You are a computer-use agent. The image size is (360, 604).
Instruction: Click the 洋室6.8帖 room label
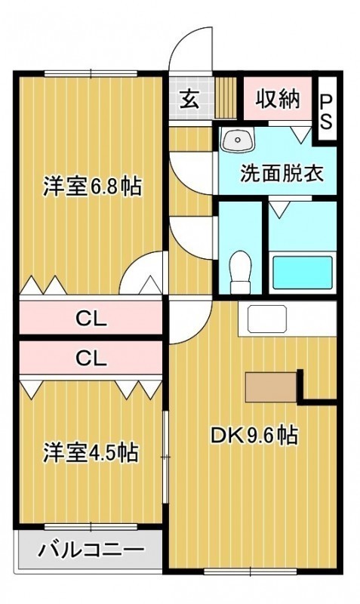click(x=92, y=186)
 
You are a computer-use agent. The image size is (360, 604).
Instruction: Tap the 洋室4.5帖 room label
click(x=91, y=452)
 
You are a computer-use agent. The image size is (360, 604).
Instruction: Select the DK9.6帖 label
click(x=254, y=436)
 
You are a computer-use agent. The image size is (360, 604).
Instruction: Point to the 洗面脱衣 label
click(x=282, y=174)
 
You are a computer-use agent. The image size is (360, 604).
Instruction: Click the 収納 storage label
click(x=278, y=100)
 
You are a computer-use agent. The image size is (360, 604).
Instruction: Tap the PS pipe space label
click(x=327, y=112)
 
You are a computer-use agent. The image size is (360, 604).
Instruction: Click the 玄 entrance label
click(x=190, y=100)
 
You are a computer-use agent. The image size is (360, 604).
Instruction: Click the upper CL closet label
click(x=91, y=319)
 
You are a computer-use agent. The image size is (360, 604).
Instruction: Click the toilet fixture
click(x=240, y=272)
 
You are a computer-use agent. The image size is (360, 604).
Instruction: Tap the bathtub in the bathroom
click(x=302, y=273)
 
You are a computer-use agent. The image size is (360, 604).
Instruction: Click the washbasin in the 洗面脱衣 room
click(x=238, y=140)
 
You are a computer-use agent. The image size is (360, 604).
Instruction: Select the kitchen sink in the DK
click(x=267, y=319)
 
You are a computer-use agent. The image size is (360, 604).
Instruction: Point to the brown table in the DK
click(x=272, y=387)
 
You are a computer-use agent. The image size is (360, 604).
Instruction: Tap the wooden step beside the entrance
click(x=225, y=98)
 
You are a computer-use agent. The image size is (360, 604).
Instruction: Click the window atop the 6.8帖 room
click(x=91, y=73)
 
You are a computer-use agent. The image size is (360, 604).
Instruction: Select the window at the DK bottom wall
click(x=251, y=572)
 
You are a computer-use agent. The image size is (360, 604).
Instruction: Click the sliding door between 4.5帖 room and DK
click(x=165, y=457)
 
